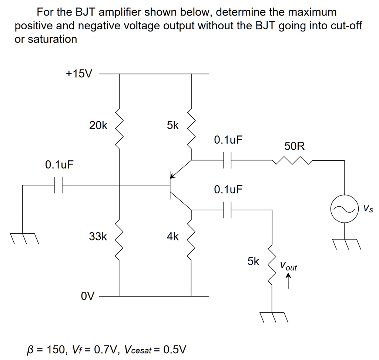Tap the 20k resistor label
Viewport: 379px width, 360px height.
[x=98, y=126]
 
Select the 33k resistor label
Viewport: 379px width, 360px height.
[x=98, y=236]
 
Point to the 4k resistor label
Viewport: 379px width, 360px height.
[x=172, y=236]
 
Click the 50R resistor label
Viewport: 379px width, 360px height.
[x=295, y=146]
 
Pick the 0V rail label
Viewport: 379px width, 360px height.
[x=88, y=296]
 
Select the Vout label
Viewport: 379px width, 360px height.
[x=288, y=266]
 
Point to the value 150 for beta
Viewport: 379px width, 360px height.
[x=53, y=349]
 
